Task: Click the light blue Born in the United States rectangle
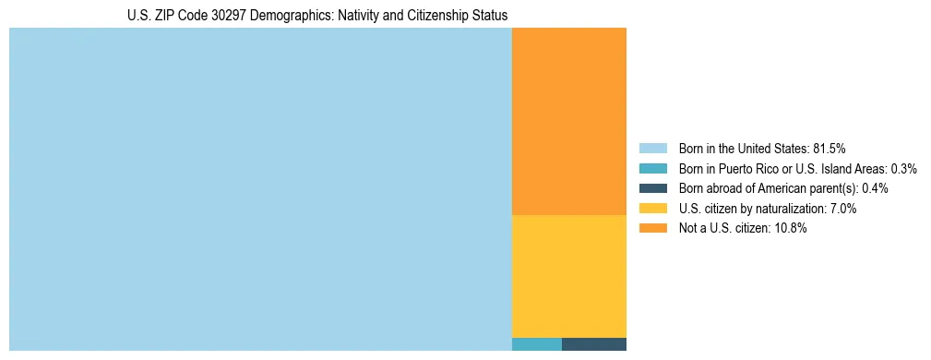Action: [x=260, y=189]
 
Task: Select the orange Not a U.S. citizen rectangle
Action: [x=568, y=121]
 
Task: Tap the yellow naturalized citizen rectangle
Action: [x=568, y=276]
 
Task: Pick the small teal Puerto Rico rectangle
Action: [x=536, y=344]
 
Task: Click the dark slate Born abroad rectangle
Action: [x=593, y=344]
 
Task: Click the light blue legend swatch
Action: [x=652, y=149]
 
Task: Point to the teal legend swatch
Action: [x=652, y=169]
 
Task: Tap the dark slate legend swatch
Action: [x=652, y=188]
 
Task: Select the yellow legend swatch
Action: [x=652, y=209]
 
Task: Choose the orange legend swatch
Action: [x=652, y=229]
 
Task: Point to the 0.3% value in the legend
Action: [x=903, y=169]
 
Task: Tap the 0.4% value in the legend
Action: [x=875, y=188]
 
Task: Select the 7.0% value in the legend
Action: [x=841, y=209]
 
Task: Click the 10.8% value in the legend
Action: [x=791, y=229]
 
